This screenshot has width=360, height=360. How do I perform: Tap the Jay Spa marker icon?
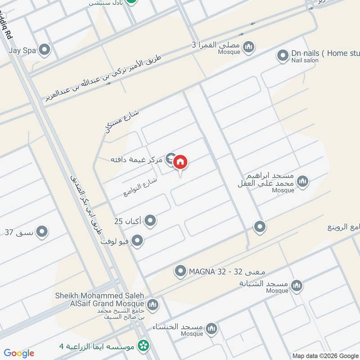(44, 50)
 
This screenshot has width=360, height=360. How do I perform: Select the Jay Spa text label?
(22, 50)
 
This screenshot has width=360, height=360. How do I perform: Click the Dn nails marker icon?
(283, 56)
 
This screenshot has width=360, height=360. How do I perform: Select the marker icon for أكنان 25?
(151, 221)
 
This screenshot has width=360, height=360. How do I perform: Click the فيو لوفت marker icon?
(138, 241)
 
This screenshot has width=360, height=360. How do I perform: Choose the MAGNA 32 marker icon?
(180, 271)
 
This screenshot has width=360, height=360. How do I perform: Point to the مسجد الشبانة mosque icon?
(297, 285)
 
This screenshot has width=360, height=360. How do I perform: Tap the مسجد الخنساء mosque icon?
(211, 330)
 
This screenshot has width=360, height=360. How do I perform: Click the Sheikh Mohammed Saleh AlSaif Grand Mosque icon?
(153, 305)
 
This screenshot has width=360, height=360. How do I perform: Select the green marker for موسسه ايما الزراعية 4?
(144, 346)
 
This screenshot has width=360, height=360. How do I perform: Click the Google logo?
(19, 353)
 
